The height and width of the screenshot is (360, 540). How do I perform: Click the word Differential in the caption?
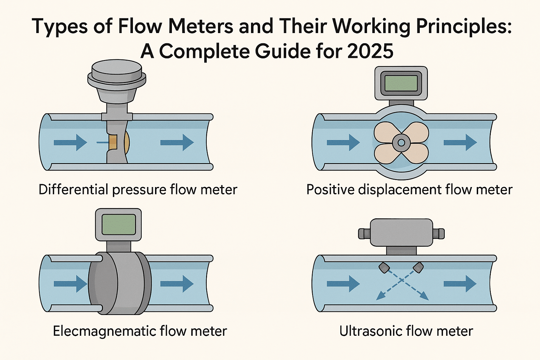coord(73,189)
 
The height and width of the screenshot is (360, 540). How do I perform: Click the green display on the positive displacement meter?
coord(401,83)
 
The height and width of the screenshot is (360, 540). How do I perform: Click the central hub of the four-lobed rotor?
coord(401,142)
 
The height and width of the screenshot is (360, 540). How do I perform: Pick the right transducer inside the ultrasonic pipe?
coord(418,268)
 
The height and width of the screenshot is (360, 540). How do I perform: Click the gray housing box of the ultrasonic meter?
coord(401,232)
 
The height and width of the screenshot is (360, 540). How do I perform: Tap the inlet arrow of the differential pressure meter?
coord(70,143)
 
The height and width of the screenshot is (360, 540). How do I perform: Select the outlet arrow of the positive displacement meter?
coord(460,142)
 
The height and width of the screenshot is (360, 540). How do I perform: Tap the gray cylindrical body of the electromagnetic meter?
coord(120,283)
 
